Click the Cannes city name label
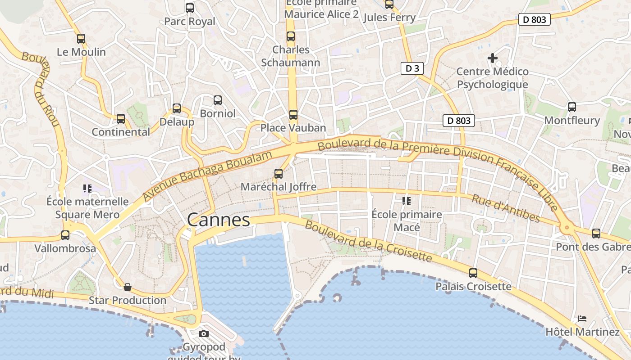tap(218, 220)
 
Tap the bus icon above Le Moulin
tap(81, 39)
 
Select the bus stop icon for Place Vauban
tap(293, 115)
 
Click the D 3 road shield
tap(412, 68)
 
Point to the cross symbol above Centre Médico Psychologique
tap(493, 58)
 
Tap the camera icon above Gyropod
tap(204, 333)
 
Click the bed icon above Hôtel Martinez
tap(582, 319)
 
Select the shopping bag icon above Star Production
tap(128, 287)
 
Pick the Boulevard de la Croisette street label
tap(368, 242)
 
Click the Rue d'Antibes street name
tap(506, 208)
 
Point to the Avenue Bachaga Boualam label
tap(208, 176)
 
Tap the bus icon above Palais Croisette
tap(473, 273)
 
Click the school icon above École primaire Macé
tap(407, 201)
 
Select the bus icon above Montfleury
tap(572, 107)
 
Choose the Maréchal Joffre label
tap(279, 187)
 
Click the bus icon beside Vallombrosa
tap(65, 235)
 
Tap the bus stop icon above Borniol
tap(218, 100)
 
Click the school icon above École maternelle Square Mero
tap(87, 188)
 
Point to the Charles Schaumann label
tap(291, 56)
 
